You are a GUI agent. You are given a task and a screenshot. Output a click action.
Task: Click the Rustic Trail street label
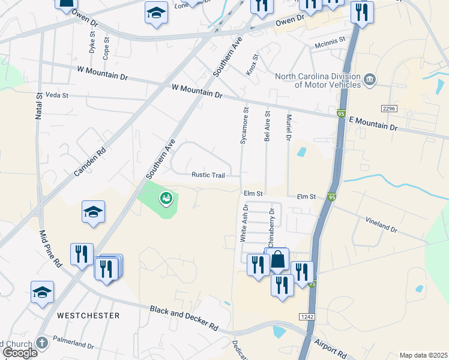[x=208, y=175]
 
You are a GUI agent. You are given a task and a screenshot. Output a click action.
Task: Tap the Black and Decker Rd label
[x=184, y=317]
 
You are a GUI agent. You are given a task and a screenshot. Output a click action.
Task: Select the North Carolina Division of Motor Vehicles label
[x=318, y=80]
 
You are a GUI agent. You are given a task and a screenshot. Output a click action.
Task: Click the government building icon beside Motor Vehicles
[x=370, y=79]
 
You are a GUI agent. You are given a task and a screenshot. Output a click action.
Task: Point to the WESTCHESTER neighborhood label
[x=88, y=315]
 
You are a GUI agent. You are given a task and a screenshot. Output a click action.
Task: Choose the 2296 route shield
[x=388, y=108]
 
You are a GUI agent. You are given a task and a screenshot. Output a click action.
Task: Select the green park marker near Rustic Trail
[x=166, y=197]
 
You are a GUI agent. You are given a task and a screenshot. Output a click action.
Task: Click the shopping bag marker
[x=278, y=260]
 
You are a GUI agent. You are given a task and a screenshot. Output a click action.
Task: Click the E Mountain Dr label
[x=373, y=124]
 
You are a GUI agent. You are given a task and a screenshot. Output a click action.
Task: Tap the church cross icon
[x=41, y=343]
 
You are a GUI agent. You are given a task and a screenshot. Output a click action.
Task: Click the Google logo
[x=19, y=353]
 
